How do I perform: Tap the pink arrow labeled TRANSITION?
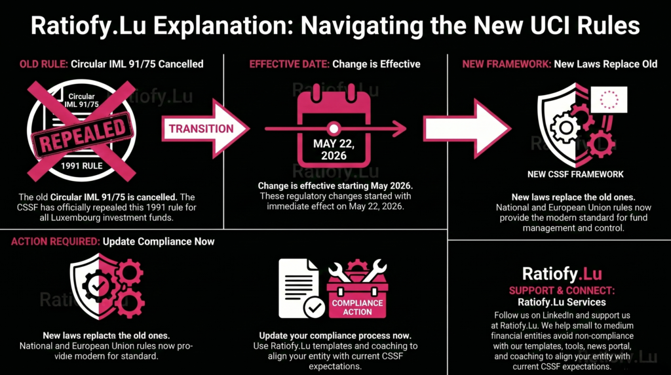click(x=205, y=128)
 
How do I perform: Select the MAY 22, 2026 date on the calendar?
click(x=334, y=149)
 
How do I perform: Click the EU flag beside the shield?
click(x=609, y=100)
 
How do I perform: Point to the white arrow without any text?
click(x=467, y=128)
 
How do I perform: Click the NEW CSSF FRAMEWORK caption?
click(x=575, y=174)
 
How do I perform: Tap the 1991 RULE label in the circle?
click(x=81, y=166)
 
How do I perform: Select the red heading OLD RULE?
click(x=44, y=64)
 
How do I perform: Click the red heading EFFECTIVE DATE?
click(x=289, y=64)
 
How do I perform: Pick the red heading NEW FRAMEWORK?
click(x=507, y=64)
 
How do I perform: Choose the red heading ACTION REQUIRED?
click(x=55, y=241)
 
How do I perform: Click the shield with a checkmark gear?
click(x=107, y=286)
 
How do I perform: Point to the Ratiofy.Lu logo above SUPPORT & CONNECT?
click(x=562, y=273)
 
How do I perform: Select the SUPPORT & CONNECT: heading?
click(x=562, y=290)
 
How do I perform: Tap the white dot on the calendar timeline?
click(x=334, y=128)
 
